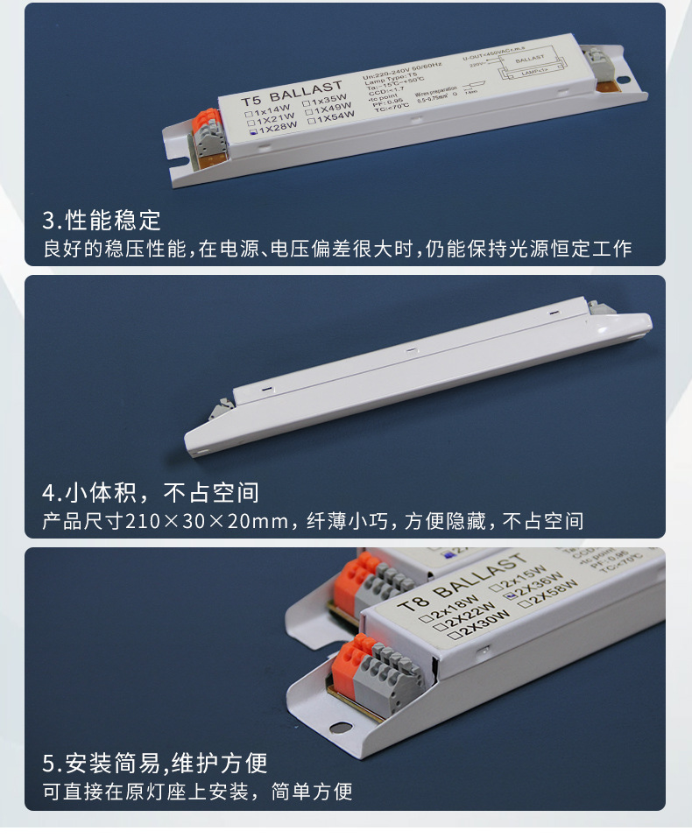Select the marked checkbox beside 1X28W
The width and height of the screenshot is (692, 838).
coord(251,134)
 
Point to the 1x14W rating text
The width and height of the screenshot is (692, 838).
coord(270,111)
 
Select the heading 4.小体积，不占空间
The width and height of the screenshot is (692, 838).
coord(151,492)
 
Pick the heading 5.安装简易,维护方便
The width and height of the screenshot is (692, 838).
coord(155,764)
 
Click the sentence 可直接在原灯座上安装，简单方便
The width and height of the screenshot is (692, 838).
coord(197,793)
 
